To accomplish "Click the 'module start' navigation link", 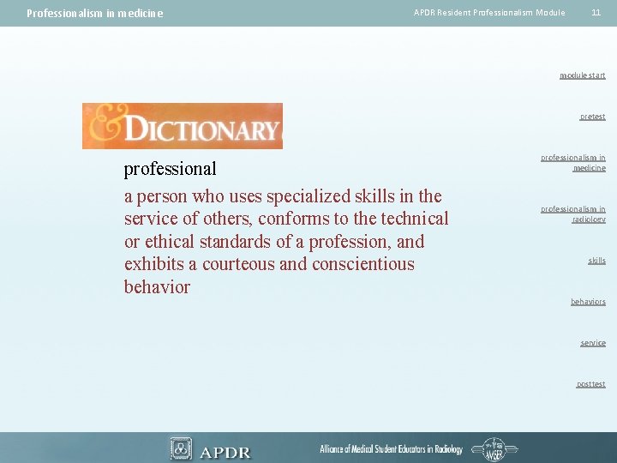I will click(x=582, y=75).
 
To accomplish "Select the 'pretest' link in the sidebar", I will click(x=592, y=117).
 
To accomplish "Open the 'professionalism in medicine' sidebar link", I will click(x=573, y=163).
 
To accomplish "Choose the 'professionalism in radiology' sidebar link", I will click(x=573, y=214).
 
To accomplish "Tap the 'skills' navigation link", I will click(x=596, y=261).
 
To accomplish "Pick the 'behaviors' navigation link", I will click(x=588, y=302).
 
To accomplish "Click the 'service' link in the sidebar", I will click(x=592, y=343).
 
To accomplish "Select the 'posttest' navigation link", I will click(x=590, y=384).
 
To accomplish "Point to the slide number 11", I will click(x=596, y=12).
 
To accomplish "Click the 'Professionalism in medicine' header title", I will click(x=94, y=13).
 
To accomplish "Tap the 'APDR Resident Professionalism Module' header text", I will click(x=489, y=12).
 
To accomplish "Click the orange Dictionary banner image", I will click(x=182, y=126).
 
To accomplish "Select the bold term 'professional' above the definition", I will click(x=171, y=168).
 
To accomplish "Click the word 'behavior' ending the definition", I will click(x=157, y=286).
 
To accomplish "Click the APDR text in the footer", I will click(x=225, y=451).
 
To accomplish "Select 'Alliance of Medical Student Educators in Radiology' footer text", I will click(x=391, y=449).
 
